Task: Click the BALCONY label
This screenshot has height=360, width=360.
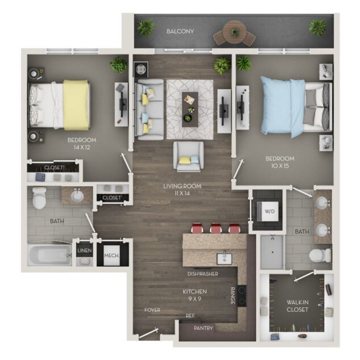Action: point(180,31)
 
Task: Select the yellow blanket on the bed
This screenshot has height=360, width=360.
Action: point(76,105)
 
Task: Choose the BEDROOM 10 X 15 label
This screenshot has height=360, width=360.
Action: point(281,162)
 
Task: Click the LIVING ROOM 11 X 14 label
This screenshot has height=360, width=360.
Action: point(183,190)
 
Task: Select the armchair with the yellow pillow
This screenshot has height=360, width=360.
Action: point(188,156)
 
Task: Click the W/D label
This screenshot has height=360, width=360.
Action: point(269,212)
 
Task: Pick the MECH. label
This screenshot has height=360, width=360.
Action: point(111,256)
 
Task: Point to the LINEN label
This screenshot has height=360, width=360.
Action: point(84,250)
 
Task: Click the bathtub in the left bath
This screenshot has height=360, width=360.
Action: point(50,254)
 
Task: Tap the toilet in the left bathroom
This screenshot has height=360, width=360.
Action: point(40,199)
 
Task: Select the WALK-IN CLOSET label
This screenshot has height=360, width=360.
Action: point(298,305)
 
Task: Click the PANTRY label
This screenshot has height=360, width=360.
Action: point(203,328)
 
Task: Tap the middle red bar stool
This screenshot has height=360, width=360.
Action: point(216,228)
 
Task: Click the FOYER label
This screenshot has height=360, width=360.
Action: point(152,311)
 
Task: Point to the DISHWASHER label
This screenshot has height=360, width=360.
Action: point(203,274)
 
